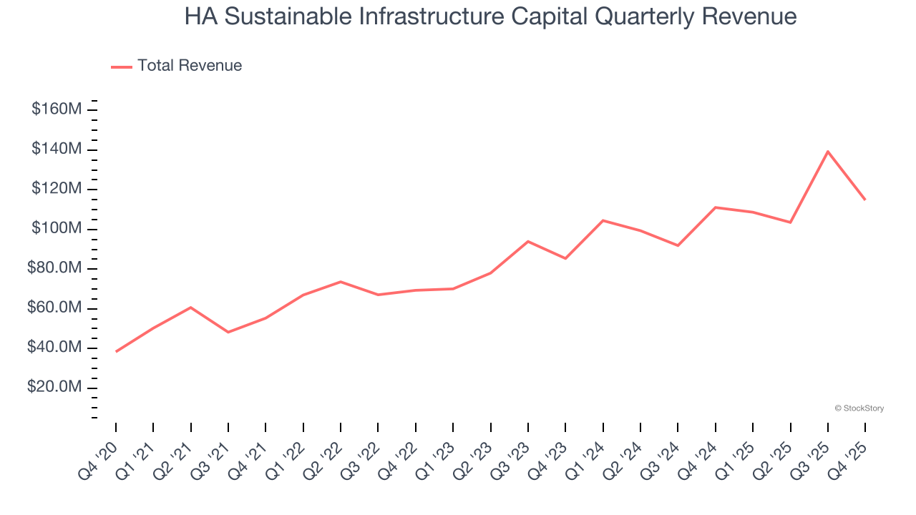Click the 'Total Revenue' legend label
pos(190,66)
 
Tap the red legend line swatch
pos(122,67)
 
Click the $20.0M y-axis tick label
pos(54,388)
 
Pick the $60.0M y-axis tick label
pos(54,308)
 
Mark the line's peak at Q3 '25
pos(828,152)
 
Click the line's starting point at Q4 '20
pos(116,351)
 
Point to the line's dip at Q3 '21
pos(228,332)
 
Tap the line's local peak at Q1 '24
pos(603,220)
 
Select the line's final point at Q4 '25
pos(865,200)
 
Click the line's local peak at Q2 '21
pos(191,308)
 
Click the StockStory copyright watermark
pos(859,408)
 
